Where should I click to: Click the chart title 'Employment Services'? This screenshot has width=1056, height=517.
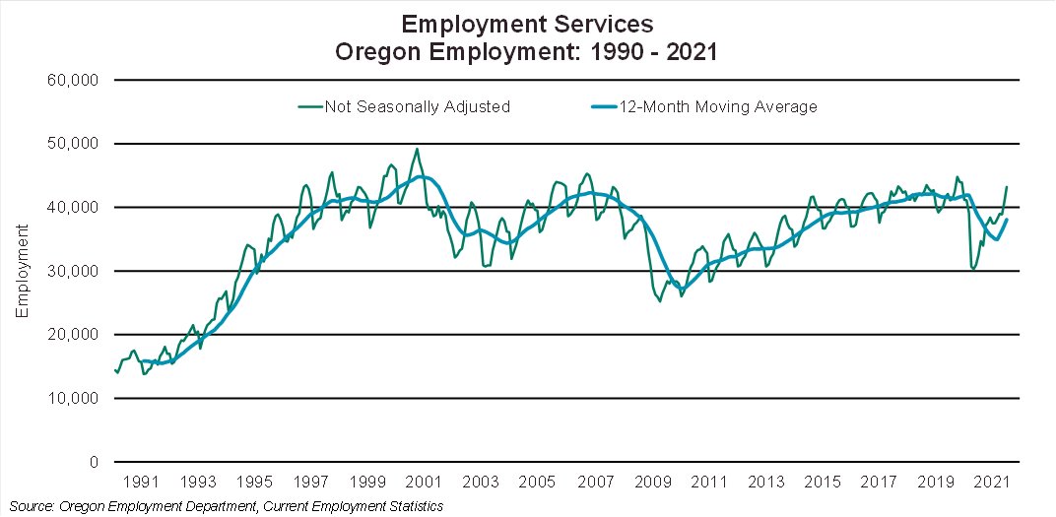tap(527, 22)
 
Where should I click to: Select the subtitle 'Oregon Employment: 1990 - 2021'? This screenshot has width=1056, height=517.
tap(527, 51)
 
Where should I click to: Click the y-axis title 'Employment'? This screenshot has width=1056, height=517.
tap(22, 271)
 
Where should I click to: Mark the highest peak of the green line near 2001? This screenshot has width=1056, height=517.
tap(417, 149)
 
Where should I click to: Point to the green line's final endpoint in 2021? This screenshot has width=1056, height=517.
tap(1007, 186)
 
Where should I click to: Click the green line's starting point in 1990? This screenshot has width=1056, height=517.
tap(114, 369)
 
